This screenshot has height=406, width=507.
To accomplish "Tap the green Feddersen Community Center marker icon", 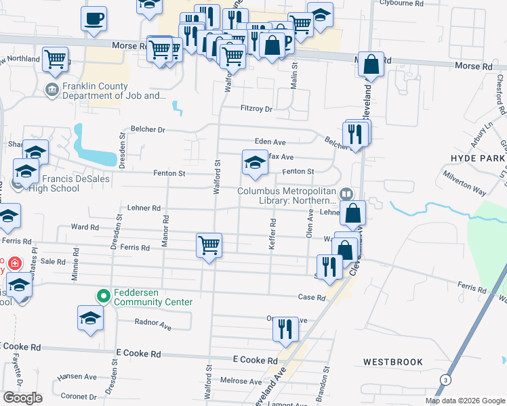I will pyautogui.click(x=104, y=296).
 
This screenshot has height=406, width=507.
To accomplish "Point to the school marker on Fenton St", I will pyautogui.click(x=255, y=163).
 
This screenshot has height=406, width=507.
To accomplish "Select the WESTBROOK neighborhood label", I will pyautogui.click(x=392, y=362).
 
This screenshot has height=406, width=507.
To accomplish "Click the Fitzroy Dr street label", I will pyautogui.click(x=256, y=109).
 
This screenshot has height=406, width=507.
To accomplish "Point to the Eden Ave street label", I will pyautogui.click(x=270, y=142).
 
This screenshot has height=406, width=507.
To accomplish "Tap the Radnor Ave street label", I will pyautogui.click(x=153, y=324).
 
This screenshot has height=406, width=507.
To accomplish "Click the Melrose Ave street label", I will pyautogui.click(x=236, y=382).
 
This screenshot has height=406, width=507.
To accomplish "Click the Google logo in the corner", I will pyautogui.click(x=22, y=398).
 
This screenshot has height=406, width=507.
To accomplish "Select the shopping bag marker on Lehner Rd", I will pyautogui.click(x=353, y=213).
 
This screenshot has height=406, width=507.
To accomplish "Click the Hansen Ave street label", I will pyautogui.click(x=77, y=376).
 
